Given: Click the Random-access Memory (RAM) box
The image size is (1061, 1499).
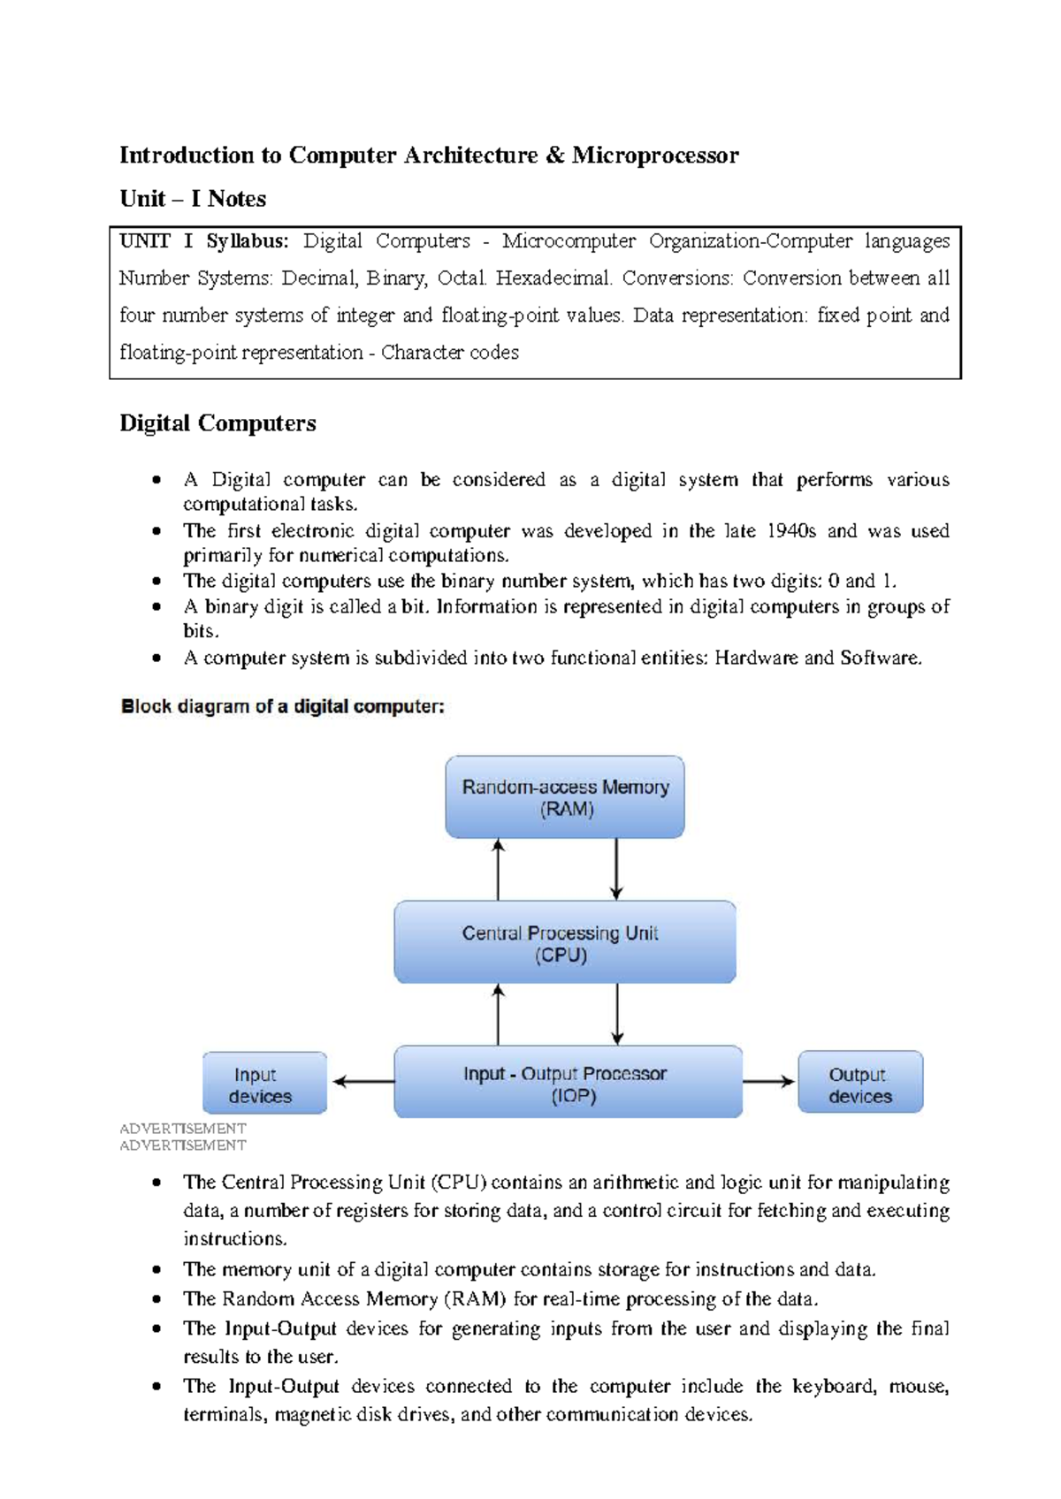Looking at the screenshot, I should [565, 797].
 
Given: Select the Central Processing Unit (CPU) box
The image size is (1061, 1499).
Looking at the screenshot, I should [565, 942].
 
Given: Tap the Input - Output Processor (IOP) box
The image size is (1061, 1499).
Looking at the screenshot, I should [568, 1083].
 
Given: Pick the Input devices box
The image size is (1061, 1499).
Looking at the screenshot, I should [264, 1084].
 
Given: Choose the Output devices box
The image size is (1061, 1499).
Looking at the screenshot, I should [860, 1083].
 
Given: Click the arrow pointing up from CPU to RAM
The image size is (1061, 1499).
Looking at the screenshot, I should [499, 870].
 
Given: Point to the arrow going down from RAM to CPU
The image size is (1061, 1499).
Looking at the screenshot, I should [616, 870].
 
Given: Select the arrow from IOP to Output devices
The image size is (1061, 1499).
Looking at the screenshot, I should [769, 1082].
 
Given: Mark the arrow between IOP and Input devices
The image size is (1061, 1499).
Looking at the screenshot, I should [363, 1082].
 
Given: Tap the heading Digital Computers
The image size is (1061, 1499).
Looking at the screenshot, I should [218, 423].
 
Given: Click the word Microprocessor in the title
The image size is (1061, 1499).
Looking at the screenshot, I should [655, 156].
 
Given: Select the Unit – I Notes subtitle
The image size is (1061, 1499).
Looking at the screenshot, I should [193, 199].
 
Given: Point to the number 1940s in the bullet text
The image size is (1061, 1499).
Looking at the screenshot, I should [791, 531].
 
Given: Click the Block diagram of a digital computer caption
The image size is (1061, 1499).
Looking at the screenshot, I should [282, 707].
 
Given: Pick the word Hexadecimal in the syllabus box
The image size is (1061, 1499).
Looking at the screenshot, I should [553, 278].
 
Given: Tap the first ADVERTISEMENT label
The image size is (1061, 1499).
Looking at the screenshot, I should [182, 1129].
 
